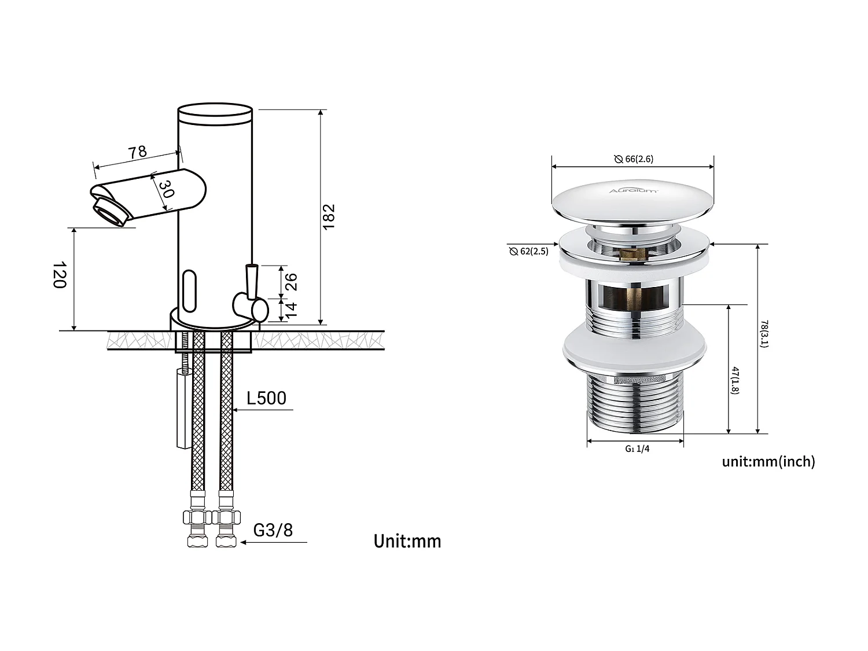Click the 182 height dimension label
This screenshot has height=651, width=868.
329,216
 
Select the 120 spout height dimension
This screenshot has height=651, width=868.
60,275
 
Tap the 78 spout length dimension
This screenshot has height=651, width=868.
137,152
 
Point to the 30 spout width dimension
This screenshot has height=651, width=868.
165,189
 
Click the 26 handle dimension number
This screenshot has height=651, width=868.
291,282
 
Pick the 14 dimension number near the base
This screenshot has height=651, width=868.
291,310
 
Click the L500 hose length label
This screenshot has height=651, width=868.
266,398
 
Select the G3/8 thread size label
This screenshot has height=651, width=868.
273,530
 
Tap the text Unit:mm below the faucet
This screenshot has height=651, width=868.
407,542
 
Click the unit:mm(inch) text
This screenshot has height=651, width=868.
768,461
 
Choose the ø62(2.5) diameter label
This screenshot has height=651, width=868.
529,251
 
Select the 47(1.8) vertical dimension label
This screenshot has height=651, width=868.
735,380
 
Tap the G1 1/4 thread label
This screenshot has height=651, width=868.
637,449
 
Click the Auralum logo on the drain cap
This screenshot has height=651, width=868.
633,190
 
